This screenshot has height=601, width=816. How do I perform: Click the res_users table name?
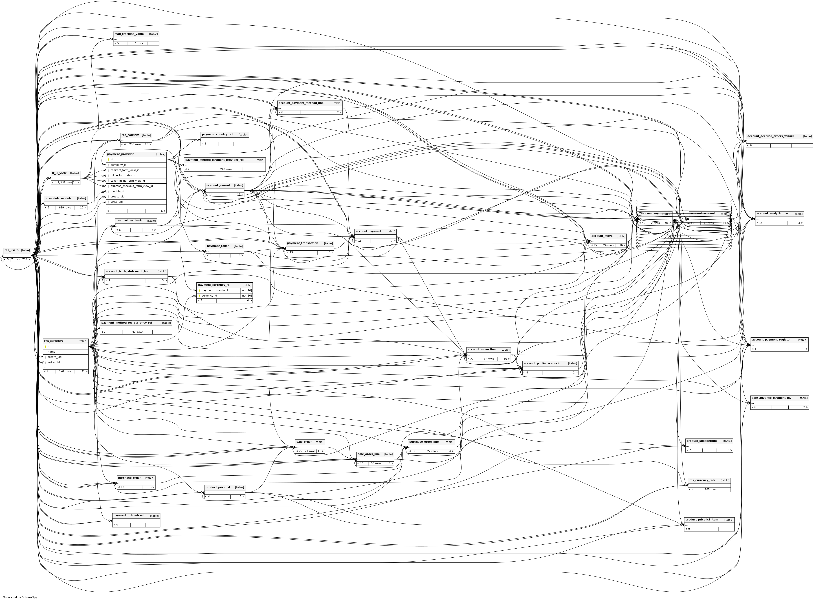pyautogui.click(x=11, y=250)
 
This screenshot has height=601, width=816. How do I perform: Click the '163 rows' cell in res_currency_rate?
pyautogui.click(x=710, y=490)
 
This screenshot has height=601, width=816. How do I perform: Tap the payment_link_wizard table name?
pyautogui.click(x=129, y=515)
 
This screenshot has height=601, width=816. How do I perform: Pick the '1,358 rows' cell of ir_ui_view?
pyautogui.click(x=64, y=182)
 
